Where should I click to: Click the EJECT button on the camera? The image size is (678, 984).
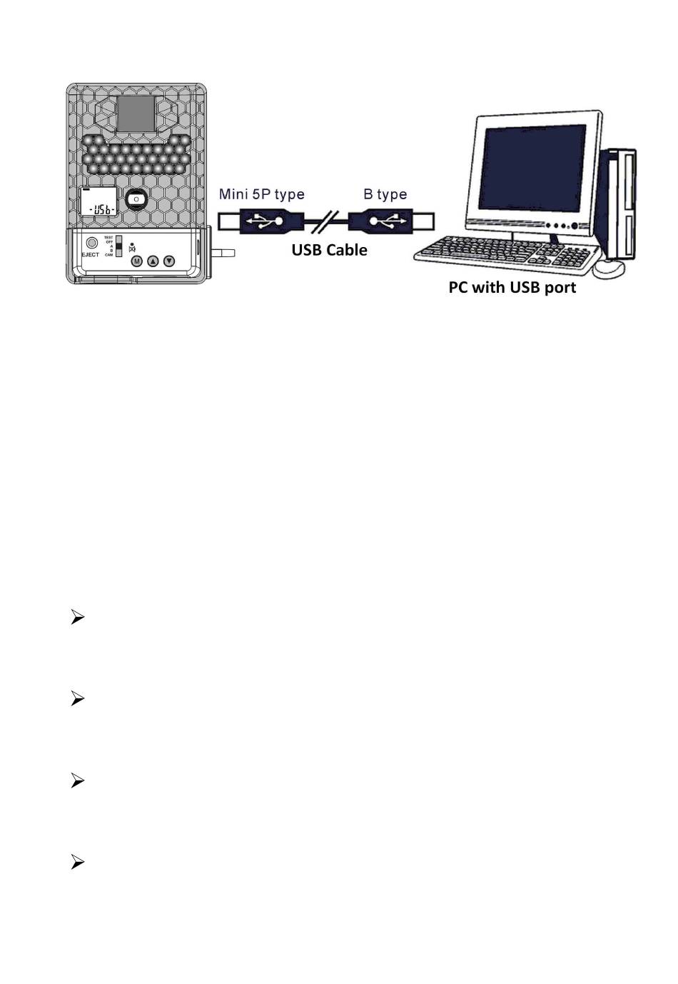click(92, 243)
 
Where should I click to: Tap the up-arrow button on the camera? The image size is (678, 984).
click(153, 261)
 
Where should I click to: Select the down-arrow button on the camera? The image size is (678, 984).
click(169, 261)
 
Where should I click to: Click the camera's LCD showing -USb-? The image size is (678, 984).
click(99, 202)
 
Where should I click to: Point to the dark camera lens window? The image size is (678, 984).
click(136, 114)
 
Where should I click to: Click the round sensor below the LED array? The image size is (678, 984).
click(136, 199)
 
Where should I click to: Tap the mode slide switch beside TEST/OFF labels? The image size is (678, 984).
click(119, 246)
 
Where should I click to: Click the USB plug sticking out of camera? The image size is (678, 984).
click(223, 253)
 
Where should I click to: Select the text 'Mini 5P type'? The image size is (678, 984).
click(261, 194)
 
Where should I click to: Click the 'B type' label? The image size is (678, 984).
click(385, 194)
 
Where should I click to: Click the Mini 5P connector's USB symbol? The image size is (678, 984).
click(262, 221)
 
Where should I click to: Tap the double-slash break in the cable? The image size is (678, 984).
click(326, 221)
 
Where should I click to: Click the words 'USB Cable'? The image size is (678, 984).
click(329, 250)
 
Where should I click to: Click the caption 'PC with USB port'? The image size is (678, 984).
click(512, 288)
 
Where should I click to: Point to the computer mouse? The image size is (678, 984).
click(609, 268)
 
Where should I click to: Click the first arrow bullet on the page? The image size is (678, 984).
click(78, 618)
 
